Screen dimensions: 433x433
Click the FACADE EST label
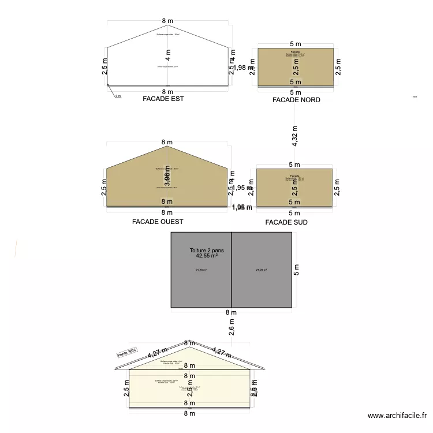pyautogui.click(x=163, y=99)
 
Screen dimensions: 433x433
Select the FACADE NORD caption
pyautogui.click(x=296, y=100)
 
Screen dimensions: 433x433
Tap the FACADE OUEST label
pyautogui.click(x=158, y=221)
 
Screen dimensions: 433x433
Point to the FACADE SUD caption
pyautogui.click(x=286, y=222)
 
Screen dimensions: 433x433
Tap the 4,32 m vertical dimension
pyautogui.click(x=295, y=136)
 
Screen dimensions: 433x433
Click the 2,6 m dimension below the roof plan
pyautogui.click(x=231, y=327)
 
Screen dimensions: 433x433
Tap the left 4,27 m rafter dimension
pyautogui.click(x=157, y=352)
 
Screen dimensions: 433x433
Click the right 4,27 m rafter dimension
pyautogui.click(x=222, y=352)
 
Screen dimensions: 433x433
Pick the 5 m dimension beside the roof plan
pyautogui.click(x=296, y=270)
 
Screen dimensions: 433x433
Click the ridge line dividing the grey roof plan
pyautogui.click(x=232, y=270)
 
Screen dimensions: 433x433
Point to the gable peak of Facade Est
pyautogui.click(x=167, y=25)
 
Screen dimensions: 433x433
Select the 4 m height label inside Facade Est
pyautogui.click(x=167, y=57)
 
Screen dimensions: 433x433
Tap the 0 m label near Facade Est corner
pyautogui.click(x=118, y=96)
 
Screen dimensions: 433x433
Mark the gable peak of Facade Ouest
pyautogui.click(x=167, y=146)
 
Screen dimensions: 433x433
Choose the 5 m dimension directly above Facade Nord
pyautogui.click(x=296, y=44)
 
